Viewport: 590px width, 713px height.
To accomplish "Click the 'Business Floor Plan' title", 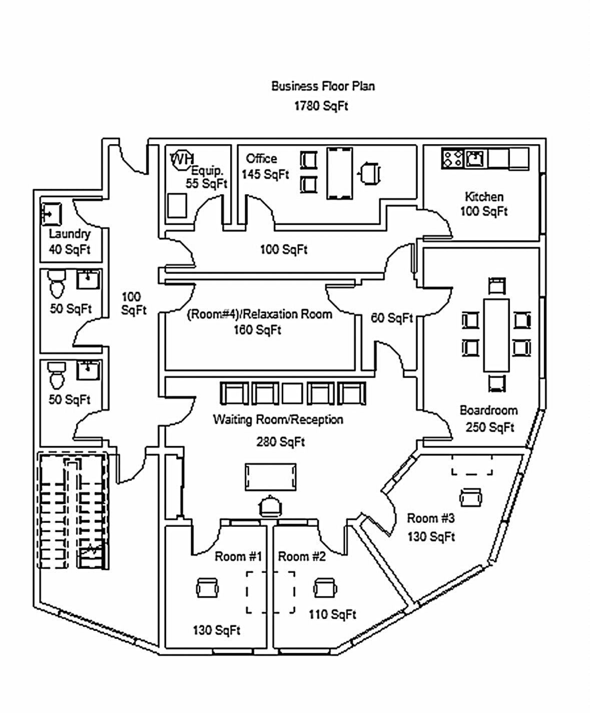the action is click(323, 86).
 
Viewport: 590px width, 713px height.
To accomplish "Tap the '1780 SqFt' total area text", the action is click(321, 106).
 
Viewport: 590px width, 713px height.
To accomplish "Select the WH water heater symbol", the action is click(182, 159).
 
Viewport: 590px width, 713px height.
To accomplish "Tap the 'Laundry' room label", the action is click(70, 234).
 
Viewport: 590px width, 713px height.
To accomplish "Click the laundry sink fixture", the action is click(52, 214).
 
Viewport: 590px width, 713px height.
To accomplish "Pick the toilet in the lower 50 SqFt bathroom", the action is click(57, 376).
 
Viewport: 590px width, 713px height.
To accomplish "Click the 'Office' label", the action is click(261, 158).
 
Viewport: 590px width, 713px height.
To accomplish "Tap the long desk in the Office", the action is click(339, 173).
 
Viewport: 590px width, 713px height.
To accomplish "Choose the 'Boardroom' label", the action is click(488, 410).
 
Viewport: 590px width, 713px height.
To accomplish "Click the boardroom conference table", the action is click(496, 335).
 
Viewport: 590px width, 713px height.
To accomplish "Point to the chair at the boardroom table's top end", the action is click(497, 286).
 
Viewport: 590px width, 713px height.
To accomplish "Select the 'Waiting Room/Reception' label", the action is click(278, 419).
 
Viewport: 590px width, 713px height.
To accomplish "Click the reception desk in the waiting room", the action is click(270, 477).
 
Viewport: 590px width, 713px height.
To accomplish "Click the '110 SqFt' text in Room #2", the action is click(332, 615).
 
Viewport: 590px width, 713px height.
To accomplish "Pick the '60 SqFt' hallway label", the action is click(391, 318).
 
